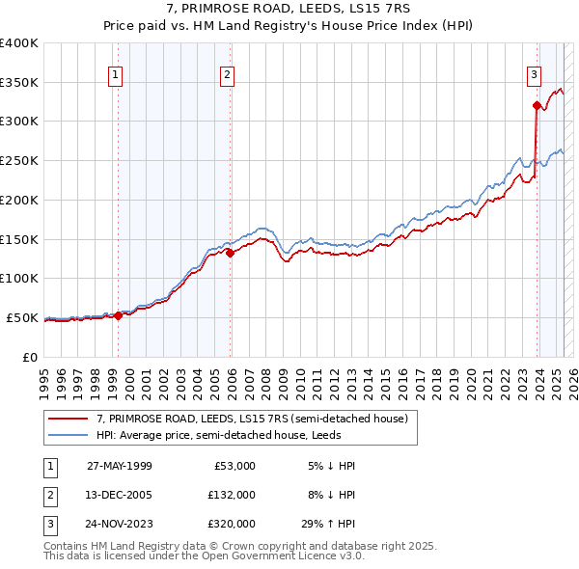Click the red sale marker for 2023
pyautogui.click(x=536, y=105)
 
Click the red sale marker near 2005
pyautogui.click(x=231, y=254)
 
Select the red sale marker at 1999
pyautogui.click(x=118, y=315)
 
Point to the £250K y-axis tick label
pyautogui.click(x=18, y=161)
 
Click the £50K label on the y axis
pyautogui.click(x=22, y=317)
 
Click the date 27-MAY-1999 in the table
pyautogui.click(x=120, y=466)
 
